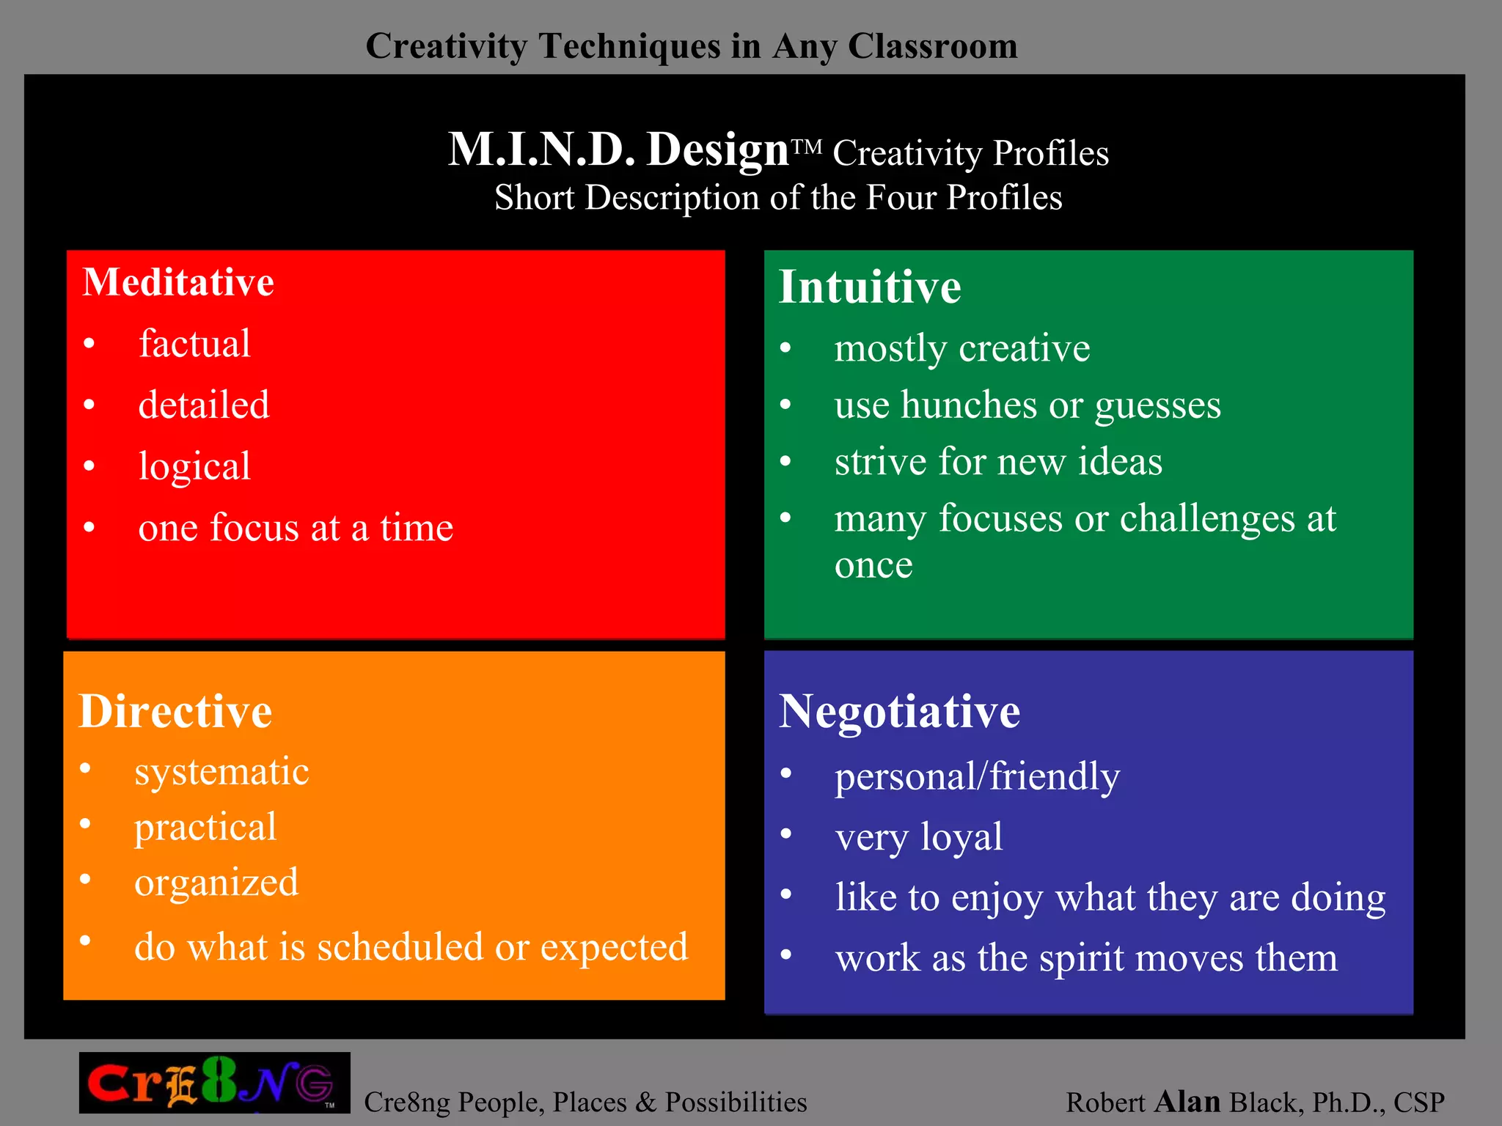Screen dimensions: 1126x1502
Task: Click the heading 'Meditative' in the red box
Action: point(178,282)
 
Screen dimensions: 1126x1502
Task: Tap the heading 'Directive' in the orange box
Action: point(175,711)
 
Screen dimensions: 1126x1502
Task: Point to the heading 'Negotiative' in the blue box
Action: point(899,711)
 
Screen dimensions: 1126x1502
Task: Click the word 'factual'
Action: point(194,344)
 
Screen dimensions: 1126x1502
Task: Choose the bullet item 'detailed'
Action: point(204,405)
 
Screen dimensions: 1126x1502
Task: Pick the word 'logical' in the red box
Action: point(194,467)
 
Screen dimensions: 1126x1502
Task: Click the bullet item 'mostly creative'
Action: point(962,348)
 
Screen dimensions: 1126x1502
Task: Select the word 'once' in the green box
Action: point(873,564)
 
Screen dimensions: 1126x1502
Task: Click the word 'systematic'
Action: point(221,772)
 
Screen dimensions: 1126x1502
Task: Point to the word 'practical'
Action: point(205,828)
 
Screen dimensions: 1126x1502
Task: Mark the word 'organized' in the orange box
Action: point(216,883)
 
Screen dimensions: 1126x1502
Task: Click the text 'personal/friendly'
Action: point(978,777)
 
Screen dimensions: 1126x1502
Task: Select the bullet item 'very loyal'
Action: point(919,837)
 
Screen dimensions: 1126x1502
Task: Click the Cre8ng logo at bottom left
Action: point(214,1083)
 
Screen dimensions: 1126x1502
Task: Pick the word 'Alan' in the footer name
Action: point(1187,1102)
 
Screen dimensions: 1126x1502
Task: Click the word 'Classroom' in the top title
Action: point(933,46)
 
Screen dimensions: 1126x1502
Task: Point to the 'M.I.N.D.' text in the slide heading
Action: point(541,150)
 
